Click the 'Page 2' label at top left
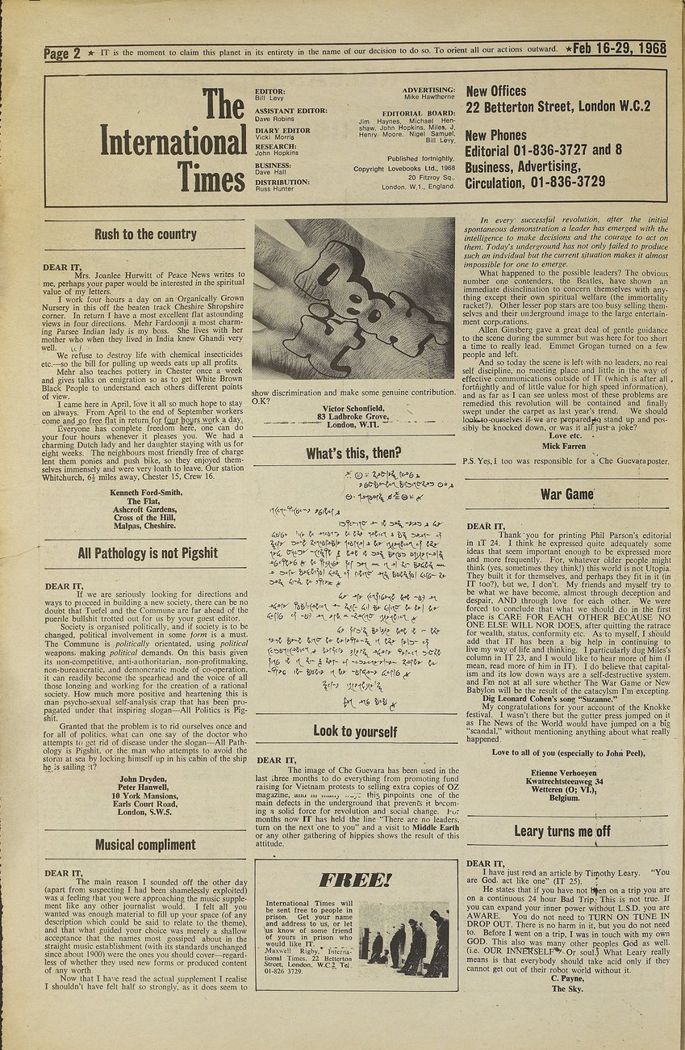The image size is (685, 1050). coord(63,54)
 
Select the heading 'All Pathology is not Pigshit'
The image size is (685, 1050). coord(148,553)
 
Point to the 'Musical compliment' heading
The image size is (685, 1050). coord(145,845)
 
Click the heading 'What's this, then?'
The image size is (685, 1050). coord(353,453)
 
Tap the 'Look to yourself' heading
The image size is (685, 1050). coord(355,732)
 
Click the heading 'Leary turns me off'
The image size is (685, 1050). coord(562,831)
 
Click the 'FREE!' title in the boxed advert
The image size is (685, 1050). coord(355,880)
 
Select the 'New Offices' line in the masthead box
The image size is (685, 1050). coord(496,91)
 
